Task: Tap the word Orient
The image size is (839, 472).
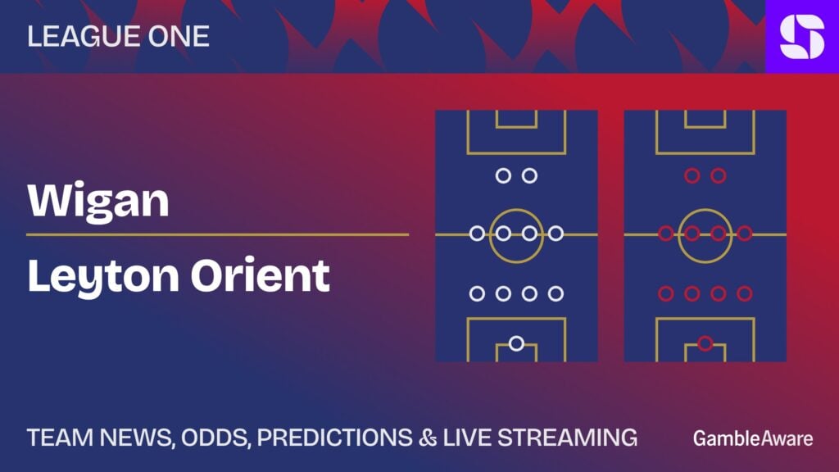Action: tap(261, 275)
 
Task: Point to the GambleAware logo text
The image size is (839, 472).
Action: tap(753, 438)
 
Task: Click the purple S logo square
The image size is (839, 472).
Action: tap(802, 36)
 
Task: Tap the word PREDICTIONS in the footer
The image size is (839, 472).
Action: tap(335, 438)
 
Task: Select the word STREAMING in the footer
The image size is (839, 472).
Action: tap(568, 438)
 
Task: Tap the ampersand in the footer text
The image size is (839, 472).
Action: tap(428, 438)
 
